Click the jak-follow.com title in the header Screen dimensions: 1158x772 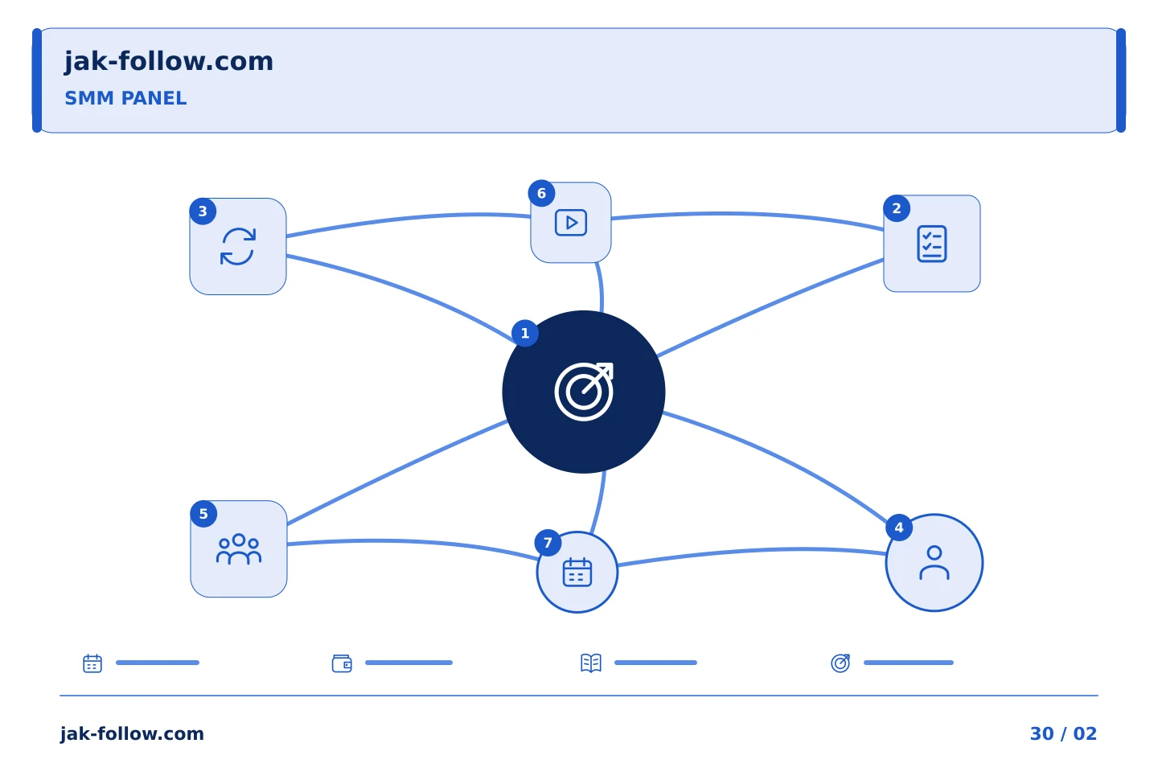point(169,62)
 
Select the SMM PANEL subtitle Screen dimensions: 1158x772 point(125,98)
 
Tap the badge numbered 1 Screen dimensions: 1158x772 point(524,333)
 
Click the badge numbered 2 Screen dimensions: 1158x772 point(897,208)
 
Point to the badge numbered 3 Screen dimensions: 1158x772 point(203,211)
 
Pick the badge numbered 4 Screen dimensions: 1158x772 point(899,528)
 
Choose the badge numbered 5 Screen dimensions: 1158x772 point(203,514)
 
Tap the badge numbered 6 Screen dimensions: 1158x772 point(541,193)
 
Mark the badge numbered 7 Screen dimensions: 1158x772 point(548,543)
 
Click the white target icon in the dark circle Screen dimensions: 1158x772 point(584,392)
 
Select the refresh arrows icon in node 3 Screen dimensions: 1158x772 point(238,247)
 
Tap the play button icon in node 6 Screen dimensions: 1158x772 point(571,222)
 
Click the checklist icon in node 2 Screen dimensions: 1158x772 point(931,244)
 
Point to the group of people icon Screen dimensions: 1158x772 point(238,548)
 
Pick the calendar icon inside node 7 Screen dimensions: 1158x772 point(577,572)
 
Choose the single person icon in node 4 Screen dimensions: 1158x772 point(934,563)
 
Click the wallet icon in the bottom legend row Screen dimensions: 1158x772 point(342,663)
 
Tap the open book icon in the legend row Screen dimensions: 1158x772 point(591,663)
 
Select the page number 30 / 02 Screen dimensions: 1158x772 point(1063,733)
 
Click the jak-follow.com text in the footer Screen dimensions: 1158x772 point(132,733)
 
